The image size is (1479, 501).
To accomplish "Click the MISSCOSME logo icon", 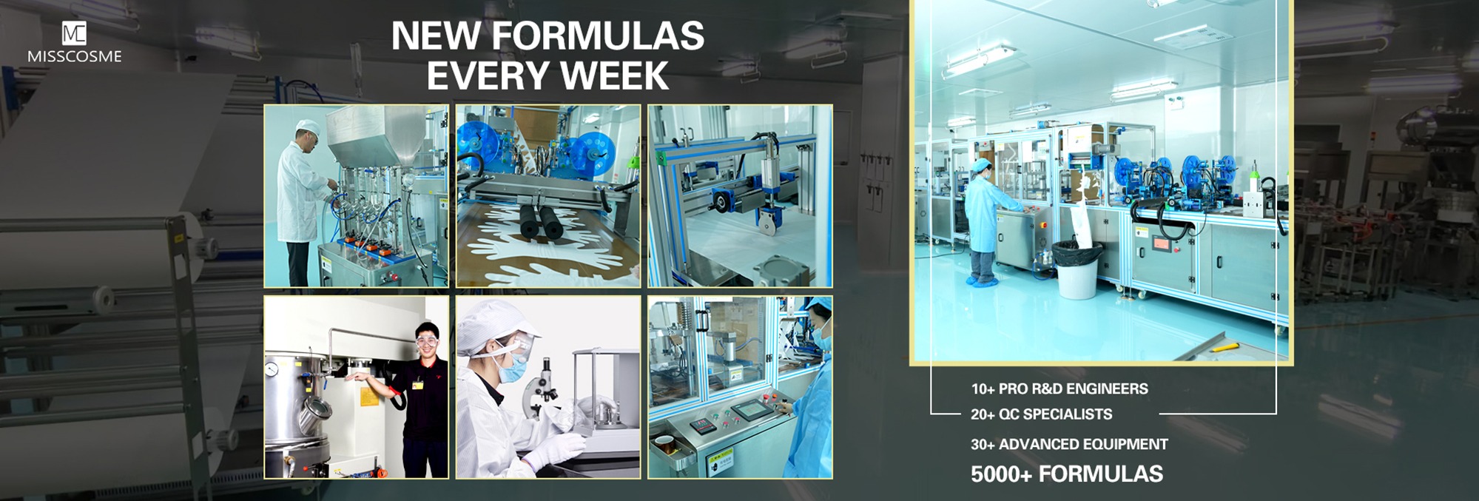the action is pyautogui.click(x=74, y=33).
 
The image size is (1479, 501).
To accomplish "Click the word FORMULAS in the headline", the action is pyautogui.click(x=597, y=36).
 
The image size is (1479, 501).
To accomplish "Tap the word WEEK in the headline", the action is pyautogui.click(x=614, y=75).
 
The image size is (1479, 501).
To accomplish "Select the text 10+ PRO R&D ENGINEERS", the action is pyautogui.click(x=1059, y=389).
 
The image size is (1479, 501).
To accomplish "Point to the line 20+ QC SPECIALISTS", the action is pyautogui.click(x=1041, y=414).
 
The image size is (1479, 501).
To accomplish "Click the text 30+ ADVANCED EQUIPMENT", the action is pyautogui.click(x=1069, y=444).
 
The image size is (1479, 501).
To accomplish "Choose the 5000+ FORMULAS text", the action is pyautogui.click(x=1067, y=474).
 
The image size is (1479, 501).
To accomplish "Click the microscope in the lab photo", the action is pyautogui.click(x=544, y=385).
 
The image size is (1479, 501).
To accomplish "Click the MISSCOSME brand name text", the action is pyautogui.click(x=74, y=56).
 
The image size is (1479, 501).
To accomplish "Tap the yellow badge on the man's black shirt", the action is pyautogui.click(x=417, y=385).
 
